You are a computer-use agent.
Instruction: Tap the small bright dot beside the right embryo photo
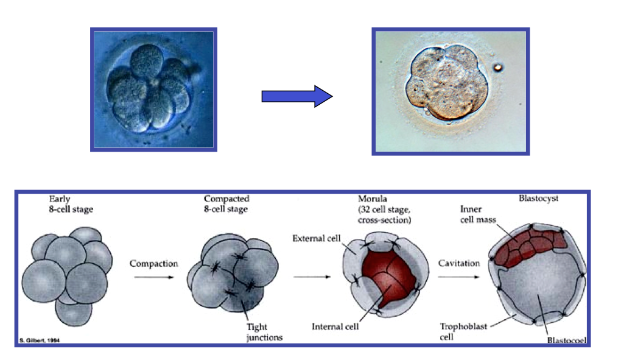[x=499, y=67]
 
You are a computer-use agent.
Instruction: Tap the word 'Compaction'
[x=154, y=264]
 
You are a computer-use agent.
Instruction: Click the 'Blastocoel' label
[x=566, y=341]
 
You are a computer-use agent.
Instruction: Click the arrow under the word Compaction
[x=154, y=278]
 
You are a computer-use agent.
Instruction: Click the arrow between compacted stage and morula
[x=312, y=278]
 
